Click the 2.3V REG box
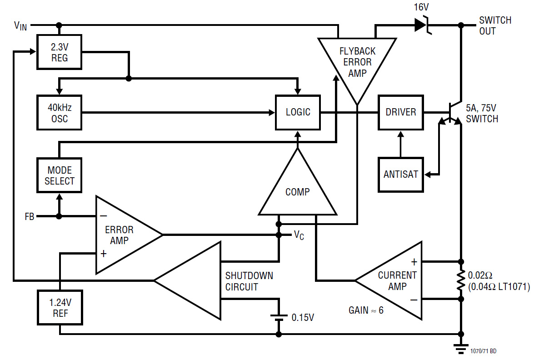tap(59, 52)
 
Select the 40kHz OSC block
tap(59, 113)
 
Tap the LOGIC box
tap(298, 112)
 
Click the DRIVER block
tap(401, 112)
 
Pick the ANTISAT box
tap(401, 175)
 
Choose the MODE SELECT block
tap(59, 175)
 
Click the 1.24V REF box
tap(60, 308)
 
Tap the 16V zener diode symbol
tap(422, 25)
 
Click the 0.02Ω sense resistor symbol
tap(461, 280)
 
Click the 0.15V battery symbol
tap(279, 318)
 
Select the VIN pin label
tap(20, 25)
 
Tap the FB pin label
tap(30, 217)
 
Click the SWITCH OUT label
tap(495, 25)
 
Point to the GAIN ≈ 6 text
tap(366, 310)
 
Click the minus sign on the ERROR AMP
tap(104, 216)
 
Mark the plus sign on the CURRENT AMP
tap(414, 261)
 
